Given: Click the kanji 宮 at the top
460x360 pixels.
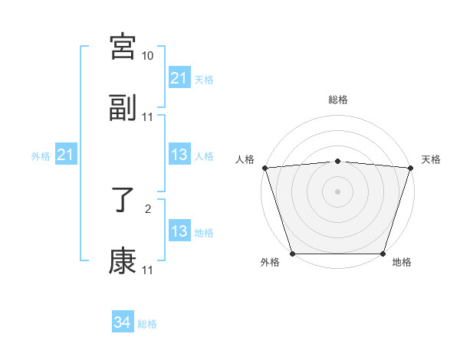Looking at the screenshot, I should tap(123, 47).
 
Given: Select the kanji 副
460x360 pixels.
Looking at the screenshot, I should tap(123, 108).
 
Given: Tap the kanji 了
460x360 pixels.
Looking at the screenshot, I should tap(123, 200).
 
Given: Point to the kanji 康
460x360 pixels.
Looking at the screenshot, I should tap(123, 261).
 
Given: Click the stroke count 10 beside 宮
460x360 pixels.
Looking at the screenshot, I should tap(148, 56).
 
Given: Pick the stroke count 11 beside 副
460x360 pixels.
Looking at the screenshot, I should tap(148, 117).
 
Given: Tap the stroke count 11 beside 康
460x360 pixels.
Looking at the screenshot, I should tap(148, 270).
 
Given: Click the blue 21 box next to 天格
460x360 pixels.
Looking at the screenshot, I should tap(179, 78).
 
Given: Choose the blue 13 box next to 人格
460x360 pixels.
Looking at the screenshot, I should tap(179, 155).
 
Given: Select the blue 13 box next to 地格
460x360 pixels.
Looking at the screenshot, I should tap(179, 231).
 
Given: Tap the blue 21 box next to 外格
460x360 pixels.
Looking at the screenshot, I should tap(66, 155).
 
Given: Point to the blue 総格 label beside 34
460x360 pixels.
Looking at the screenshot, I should tap(147, 324).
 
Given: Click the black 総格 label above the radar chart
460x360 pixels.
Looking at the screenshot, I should tap(338, 100).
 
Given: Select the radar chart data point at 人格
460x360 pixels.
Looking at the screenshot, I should tap(264, 168).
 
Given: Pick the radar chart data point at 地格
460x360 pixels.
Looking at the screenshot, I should tap(383, 254).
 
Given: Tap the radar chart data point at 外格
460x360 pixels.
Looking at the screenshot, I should tap(292, 254).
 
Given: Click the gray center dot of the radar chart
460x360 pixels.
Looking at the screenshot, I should tap(338, 191).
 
